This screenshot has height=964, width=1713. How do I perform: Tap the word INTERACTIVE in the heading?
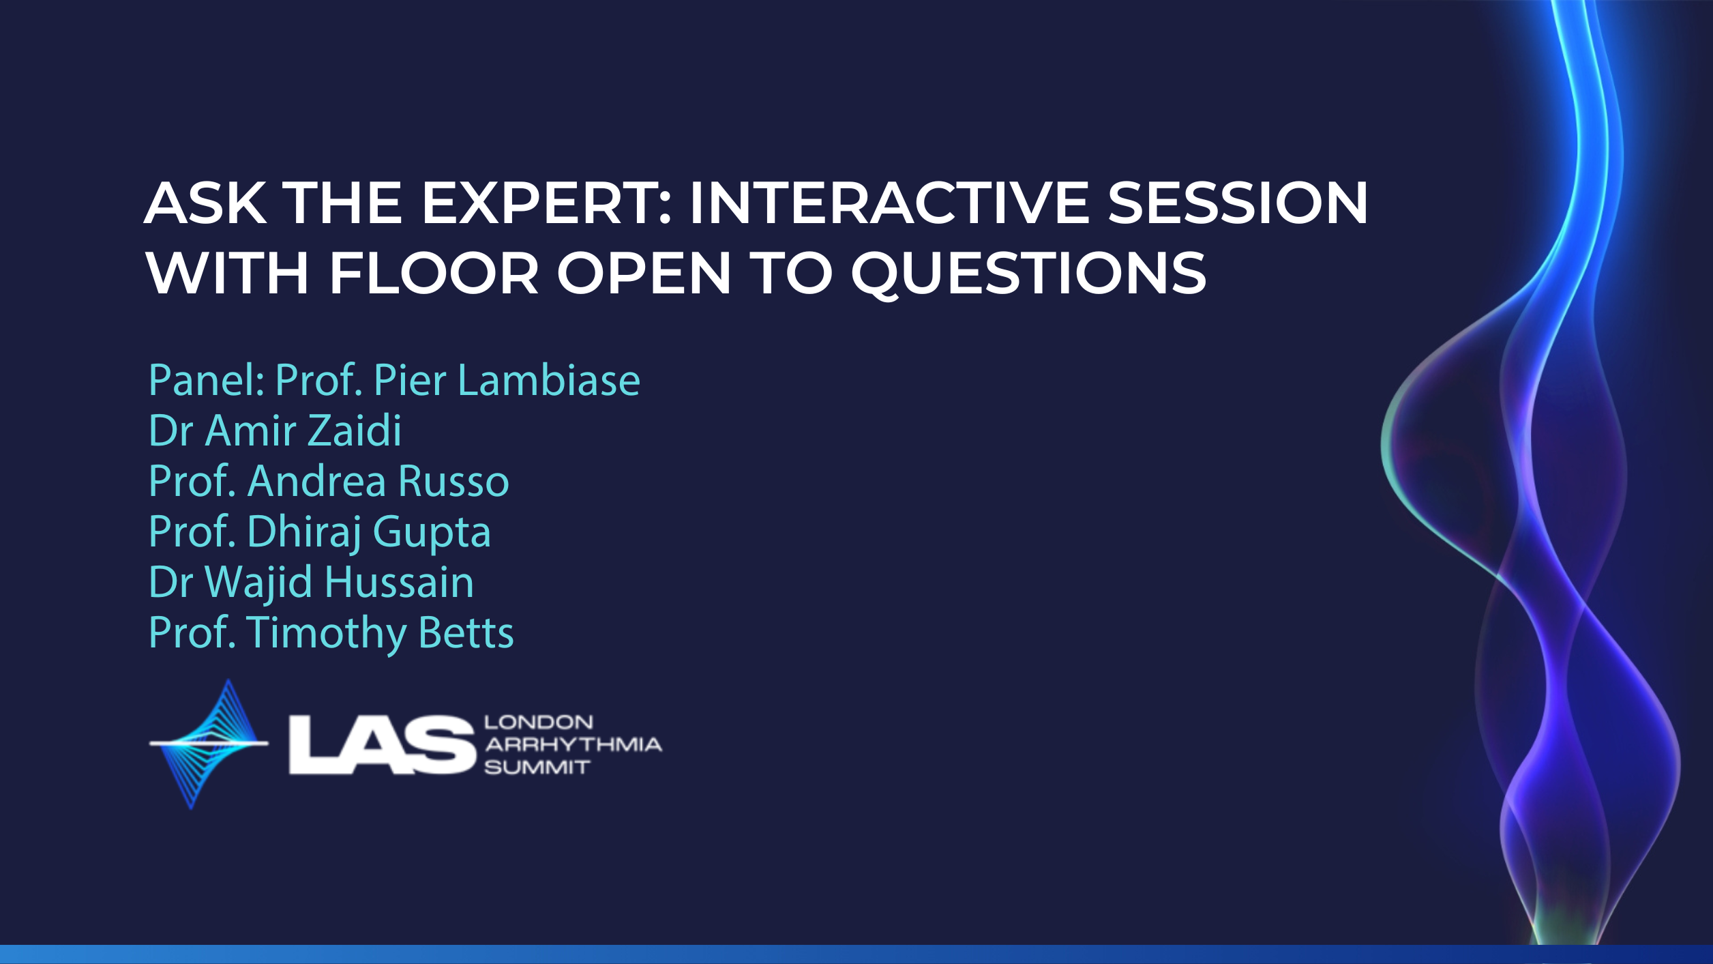[889, 203]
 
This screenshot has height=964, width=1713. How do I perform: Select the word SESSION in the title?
[1238, 203]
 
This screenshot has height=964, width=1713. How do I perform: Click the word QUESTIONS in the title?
[1029, 274]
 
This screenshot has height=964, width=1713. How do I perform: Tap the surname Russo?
[453, 481]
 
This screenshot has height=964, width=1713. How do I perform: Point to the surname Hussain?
[399, 582]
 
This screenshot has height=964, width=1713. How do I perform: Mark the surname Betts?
[466, 632]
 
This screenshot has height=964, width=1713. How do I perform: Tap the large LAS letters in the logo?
[382, 745]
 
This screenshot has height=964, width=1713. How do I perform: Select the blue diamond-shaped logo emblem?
[209, 744]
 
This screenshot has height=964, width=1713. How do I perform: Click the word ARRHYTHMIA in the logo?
[574, 744]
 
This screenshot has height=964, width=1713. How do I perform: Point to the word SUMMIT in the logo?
[537, 768]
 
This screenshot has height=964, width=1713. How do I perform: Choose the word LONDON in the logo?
[539, 722]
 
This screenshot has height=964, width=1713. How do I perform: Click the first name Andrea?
[317, 481]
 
